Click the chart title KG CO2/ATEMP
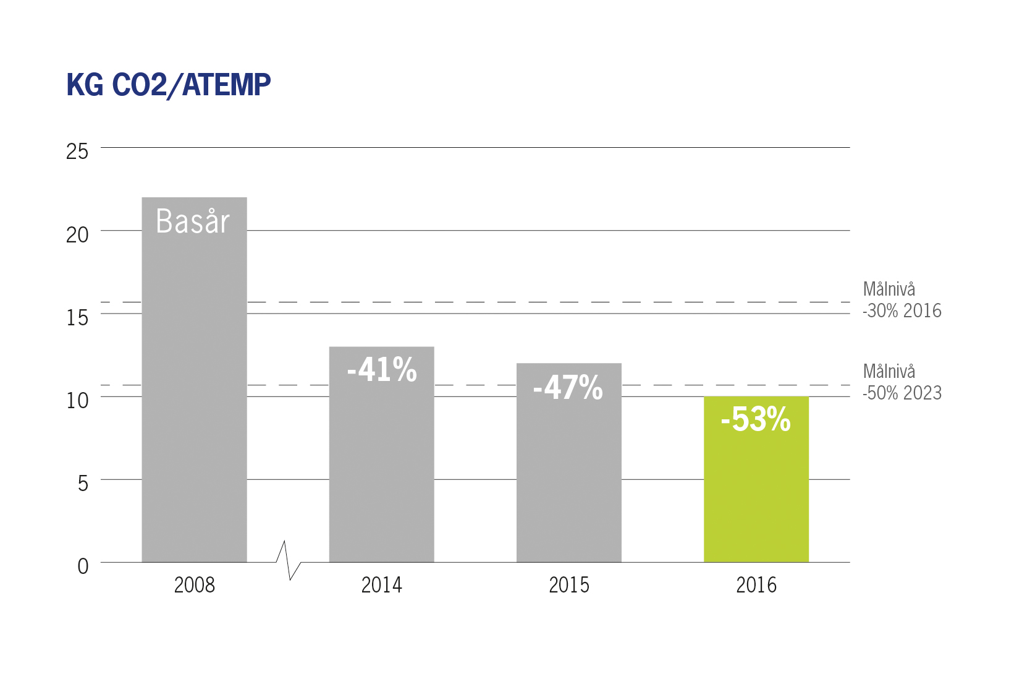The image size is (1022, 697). (169, 85)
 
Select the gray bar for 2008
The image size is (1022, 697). (195, 380)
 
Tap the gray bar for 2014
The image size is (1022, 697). (381, 455)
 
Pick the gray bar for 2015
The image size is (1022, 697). (569, 463)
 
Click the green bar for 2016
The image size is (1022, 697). (756, 479)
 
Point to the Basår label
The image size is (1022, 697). (193, 221)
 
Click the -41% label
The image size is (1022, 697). (382, 369)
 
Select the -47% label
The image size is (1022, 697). (568, 388)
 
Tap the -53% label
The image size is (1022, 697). (756, 419)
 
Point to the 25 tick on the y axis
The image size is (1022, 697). (77, 151)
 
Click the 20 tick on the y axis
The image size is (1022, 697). (77, 235)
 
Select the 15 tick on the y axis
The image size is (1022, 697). (77, 317)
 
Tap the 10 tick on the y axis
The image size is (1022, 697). (77, 401)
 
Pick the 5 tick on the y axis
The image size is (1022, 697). (83, 483)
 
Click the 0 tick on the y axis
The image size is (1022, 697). (83, 567)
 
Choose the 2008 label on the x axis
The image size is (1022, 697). (195, 585)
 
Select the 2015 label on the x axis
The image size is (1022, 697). (569, 585)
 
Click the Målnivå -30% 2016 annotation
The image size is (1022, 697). (902, 300)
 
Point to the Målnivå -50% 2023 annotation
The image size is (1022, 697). (902, 382)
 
